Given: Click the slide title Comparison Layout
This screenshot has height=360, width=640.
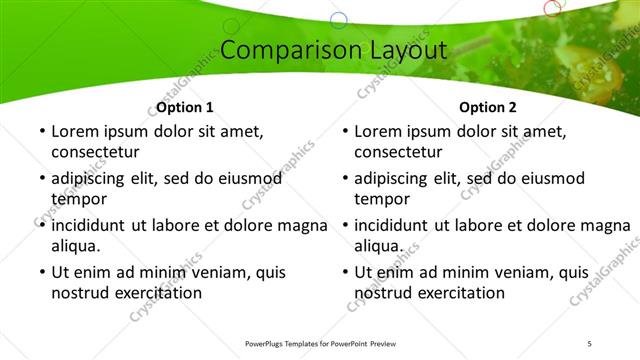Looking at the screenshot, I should coord(319,50).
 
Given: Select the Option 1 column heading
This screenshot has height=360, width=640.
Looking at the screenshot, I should coord(185,107).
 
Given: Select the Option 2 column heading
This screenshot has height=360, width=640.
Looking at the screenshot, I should coord(488,107).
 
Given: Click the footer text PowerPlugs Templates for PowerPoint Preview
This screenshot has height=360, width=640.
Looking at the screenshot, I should coord(321,343).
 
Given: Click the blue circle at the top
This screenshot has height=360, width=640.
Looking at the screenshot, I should coord(339,19).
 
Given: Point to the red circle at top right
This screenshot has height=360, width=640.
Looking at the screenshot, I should coord(552,8).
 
